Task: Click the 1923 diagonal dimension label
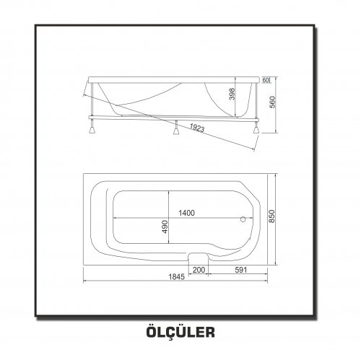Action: click(x=197, y=128)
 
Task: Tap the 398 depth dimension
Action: click(x=232, y=94)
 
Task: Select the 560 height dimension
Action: click(x=272, y=102)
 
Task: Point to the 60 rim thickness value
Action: click(x=265, y=80)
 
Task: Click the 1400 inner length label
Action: click(x=186, y=213)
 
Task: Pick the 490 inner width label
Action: click(x=165, y=227)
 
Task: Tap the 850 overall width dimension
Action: click(x=271, y=216)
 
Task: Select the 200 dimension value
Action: click(x=199, y=270)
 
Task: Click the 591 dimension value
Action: click(x=241, y=270)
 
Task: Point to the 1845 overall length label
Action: click(x=176, y=277)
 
